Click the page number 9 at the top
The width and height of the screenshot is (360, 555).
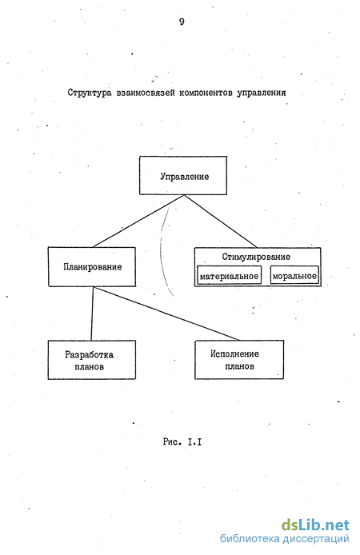coord(182,22)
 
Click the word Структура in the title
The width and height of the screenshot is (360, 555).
coord(90,93)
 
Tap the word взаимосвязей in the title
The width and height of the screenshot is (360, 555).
coord(146,93)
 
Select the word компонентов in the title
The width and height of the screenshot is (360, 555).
coord(206,93)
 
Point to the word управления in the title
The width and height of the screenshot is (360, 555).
coord(262,93)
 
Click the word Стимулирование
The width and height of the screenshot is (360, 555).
coord(256,257)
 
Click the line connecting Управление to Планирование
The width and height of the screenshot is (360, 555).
coord(138,221)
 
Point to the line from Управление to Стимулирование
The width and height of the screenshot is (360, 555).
coord(221,221)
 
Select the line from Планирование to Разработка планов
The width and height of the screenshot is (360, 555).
coord(92,313)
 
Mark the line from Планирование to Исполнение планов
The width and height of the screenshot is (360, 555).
coord(166,313)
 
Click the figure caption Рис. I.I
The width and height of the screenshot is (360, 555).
coord(182,441)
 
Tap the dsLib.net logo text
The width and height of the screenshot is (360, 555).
coord(315,525)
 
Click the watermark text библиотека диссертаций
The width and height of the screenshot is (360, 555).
coord(284,539)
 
